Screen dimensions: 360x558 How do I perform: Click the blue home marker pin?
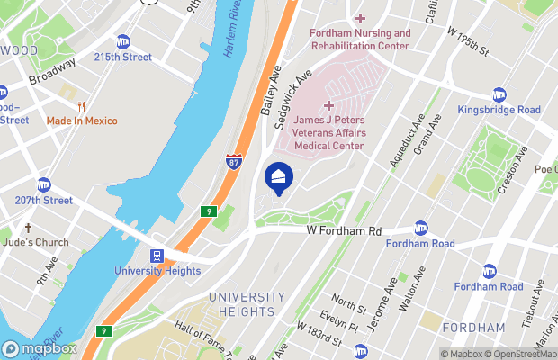pos(278,176)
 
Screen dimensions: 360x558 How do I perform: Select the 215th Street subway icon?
pos(123,41)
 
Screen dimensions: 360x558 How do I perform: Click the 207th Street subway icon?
pos(43,184)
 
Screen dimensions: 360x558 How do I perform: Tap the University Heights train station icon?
pos(157,256)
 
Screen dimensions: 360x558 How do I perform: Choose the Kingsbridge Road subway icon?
pos(499,95)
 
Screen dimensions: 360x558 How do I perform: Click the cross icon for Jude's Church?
pos(28,229)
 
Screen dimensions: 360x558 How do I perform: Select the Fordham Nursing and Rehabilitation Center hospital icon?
pos(360,19)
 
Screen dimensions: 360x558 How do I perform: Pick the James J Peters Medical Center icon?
pos(328,106)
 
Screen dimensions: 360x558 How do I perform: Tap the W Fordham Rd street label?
pos(346,230)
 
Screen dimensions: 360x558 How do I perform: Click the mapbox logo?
pos(40,348)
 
